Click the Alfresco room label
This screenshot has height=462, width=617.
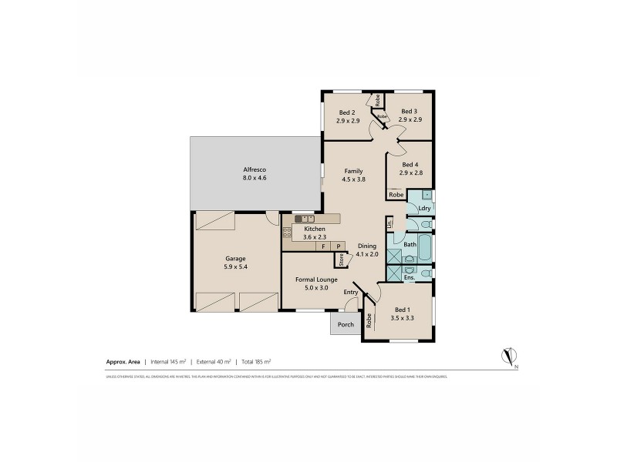pyautogui.click(x=255, y=169)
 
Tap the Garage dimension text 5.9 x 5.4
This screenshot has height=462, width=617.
pyautogui.click(x=236, y=266)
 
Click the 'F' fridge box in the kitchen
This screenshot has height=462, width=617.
pyautogui.click(x=323, y=246)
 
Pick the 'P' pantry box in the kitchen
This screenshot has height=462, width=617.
pyautogui.click(x=337, y=246)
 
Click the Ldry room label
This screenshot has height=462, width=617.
pyautogui.click(x=423, y=208)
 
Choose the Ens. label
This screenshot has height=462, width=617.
pyautogui.click(x=409, y=278)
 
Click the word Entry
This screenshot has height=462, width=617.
pyautogui.click(x=351, y=292)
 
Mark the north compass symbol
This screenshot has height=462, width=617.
pyautogui.click(x=509, y=356)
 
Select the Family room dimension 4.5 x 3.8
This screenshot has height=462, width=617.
pyautogui.click(x=353, y=179)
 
